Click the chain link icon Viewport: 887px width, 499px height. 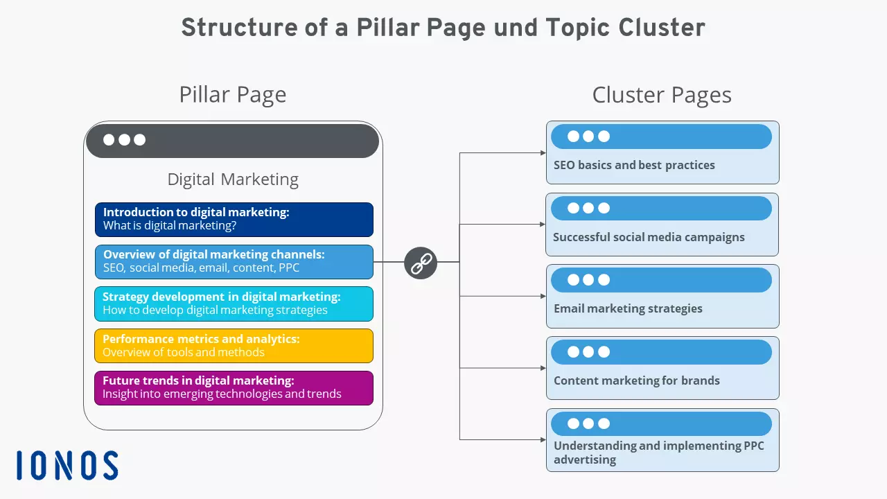click(421, 263)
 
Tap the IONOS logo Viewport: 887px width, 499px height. click(67, 465)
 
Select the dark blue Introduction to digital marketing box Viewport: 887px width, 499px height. click(234, 219)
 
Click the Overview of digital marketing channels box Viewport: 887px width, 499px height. click(234, 261)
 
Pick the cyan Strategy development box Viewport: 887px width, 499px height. click(234, 304)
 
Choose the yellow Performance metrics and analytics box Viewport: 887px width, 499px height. click(234, 346)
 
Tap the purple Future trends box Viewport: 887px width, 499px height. click(234, 388)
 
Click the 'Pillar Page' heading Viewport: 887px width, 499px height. click(232, 95)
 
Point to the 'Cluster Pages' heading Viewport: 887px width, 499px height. click(662, 95)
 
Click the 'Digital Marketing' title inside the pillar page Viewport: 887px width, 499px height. click(233, 180)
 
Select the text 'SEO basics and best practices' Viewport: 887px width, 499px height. click(634, 166)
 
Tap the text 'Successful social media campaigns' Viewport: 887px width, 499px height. click(649, 237)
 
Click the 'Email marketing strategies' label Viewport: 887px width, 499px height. click(628, 309)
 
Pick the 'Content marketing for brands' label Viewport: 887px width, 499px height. click(636, 380)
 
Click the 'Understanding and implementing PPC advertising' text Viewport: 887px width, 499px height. click(658, 453)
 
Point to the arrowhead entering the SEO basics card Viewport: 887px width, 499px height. click(543, 152)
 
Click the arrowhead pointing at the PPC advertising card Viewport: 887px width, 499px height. click(543, 439)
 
